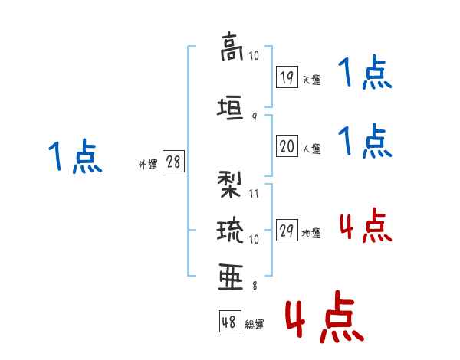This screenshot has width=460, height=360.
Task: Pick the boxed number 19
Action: (x=287, y=77)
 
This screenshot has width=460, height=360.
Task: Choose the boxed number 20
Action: (x=287, y=145)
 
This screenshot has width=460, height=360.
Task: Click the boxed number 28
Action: (x=173, y=162)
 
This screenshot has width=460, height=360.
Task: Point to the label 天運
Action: (x=312, y=80)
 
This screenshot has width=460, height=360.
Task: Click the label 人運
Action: (x=312, y=147)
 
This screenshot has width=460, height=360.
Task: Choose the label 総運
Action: (x=255, y=325)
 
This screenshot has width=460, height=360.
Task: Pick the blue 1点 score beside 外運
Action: (x=74, y=157)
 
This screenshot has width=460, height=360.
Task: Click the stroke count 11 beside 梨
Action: (x=254, y=193)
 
